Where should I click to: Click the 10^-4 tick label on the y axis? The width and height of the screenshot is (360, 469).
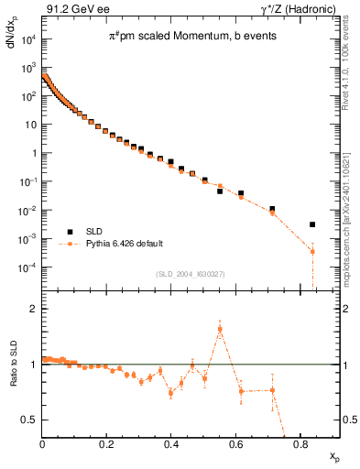point(27,267)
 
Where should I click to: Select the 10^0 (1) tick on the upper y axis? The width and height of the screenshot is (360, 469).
point(32,153)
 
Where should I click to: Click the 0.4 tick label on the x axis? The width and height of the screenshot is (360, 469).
point(170,445)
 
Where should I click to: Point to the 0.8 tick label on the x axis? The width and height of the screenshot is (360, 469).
point(300,445)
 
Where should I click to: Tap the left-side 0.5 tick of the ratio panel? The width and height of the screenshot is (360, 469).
point(32,420)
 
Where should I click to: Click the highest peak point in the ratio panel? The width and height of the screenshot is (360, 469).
point(220,329)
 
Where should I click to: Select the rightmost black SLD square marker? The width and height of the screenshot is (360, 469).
point(312,224)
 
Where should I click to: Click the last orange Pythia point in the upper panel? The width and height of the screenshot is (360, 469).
point(312,252)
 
